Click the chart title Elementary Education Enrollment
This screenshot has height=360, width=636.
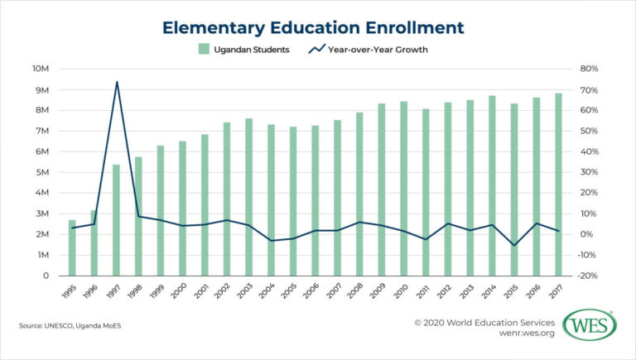[313, 27]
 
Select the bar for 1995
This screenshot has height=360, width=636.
[72, 247]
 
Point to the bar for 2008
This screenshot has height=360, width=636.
[359, 194]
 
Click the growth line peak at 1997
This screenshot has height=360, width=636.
[117, 82]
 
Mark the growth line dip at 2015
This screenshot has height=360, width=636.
[514, 245]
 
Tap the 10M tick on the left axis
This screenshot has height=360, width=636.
[41, 69]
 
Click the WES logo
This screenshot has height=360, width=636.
[589, 324]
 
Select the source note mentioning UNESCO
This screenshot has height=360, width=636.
[70, 326]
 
